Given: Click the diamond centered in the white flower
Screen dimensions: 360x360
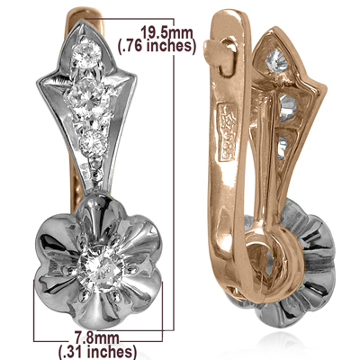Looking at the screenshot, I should click(95, 264).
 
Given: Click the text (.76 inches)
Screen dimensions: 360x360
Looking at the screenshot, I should click(156, 48).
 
